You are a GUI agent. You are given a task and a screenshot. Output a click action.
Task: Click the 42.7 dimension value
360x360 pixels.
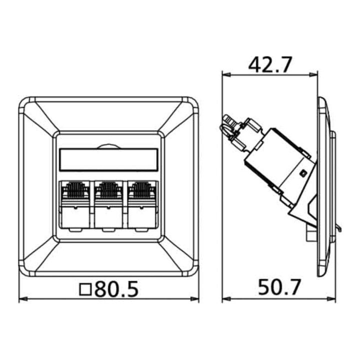[270, 64]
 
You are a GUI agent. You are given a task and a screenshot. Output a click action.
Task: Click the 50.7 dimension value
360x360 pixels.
[279, 287]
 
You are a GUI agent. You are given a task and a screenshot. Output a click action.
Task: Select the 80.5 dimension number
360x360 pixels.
[116, 289]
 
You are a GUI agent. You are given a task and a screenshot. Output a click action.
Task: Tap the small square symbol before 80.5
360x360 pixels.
[85, 289]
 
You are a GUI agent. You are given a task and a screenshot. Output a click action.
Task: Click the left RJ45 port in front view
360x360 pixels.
[74, 205]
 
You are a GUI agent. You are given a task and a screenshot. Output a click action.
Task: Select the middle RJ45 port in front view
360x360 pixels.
[108, 205]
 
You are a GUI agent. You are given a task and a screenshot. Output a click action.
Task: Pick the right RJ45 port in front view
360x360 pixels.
[142, 205]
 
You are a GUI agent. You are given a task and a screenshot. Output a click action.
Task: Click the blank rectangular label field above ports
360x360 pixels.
[108, 160]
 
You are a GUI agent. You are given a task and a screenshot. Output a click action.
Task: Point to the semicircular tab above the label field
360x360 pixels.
[108, 146]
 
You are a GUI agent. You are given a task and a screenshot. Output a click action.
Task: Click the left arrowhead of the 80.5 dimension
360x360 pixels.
[23, 299]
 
